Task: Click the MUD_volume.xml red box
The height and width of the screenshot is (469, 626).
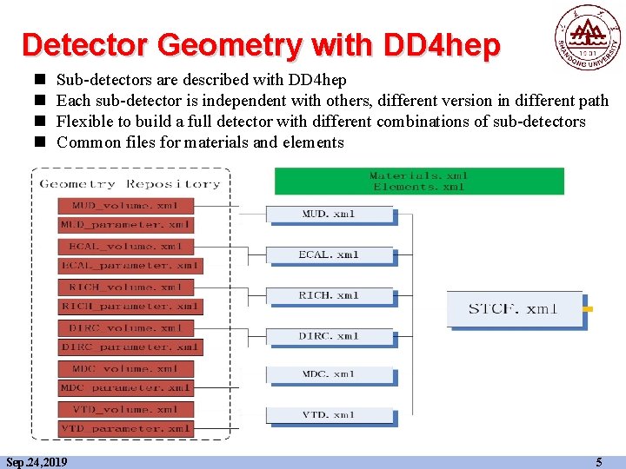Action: pos(125,206)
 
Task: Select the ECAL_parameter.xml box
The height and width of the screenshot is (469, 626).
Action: pos(130,266)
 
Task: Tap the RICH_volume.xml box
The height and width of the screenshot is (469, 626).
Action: pos(125,287)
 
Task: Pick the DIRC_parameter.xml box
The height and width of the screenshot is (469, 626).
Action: pos(130,347)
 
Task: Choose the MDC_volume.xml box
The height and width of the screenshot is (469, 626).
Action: pos(125,368)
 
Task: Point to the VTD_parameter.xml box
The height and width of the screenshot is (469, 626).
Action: pos(126,428)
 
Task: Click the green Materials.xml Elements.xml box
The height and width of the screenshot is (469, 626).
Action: pos(418,181)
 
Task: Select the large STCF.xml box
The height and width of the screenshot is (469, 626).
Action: pos(514,309)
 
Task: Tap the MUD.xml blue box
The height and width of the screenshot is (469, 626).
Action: pos(329,214)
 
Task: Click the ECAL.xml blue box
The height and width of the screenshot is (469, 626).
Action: pos(329,254)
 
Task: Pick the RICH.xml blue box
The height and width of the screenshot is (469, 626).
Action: pos(329,295)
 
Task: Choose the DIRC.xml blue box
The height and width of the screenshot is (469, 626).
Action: pos(329,335)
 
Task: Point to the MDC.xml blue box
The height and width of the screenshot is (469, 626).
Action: pos(329,374)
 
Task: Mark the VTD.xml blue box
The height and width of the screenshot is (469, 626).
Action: pos(329,415)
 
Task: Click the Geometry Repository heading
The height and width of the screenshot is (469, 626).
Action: pos(130,183)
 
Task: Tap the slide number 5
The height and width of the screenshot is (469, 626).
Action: pos(598,462)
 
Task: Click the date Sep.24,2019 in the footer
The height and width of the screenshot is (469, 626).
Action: pos(37,462)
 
